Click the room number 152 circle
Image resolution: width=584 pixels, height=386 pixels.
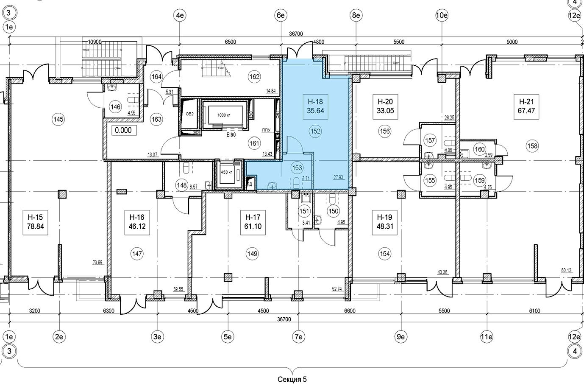[315, 131]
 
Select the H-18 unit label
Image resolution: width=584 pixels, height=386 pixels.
[315, 101]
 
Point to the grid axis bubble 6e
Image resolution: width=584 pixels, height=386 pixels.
[281, 16]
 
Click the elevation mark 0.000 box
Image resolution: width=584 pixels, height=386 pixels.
[123, 131]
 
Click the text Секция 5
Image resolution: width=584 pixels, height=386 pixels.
[292, 379]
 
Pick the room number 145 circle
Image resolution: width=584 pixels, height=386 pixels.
[58, 120]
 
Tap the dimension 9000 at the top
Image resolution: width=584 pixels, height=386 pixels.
[512, 42]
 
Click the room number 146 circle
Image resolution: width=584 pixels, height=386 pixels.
[115, 107]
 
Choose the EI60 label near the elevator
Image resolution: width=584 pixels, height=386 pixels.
[231, 134]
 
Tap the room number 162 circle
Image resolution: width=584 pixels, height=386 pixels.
[254, 77]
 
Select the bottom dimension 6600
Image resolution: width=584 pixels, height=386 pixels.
[350, 311]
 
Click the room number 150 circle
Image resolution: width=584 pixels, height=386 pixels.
[334, 211]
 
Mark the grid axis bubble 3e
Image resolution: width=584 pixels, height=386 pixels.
[158, 337]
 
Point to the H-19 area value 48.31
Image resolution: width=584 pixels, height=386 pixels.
[385, 227]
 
